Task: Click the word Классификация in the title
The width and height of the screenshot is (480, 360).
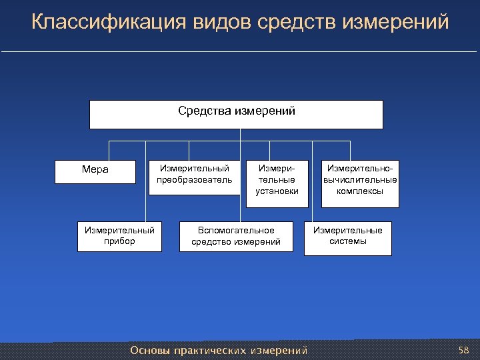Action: [x=109, y=23]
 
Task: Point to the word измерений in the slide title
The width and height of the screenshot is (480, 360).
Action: [x=395, y=23]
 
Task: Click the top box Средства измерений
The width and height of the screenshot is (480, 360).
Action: [x=237, y=114]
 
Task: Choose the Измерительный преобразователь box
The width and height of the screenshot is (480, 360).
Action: [x=194, y=176]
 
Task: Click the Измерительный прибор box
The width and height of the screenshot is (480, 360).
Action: [x=119, y=235]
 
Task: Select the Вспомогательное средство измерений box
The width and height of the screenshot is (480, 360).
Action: [x=236, y=236]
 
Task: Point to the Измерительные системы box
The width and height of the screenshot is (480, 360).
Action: [x=348, y=237]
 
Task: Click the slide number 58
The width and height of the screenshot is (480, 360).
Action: [x=464, y=350]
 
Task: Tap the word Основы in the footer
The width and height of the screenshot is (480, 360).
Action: [x=150, y=351]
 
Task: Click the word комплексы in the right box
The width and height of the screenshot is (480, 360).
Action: [x=360, y=191]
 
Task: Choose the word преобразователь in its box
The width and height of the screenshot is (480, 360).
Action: [x=194, y=180]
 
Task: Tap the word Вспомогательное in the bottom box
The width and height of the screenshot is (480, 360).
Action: [x=236, y=230]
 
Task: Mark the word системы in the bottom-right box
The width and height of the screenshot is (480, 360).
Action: [x=348, y=241]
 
